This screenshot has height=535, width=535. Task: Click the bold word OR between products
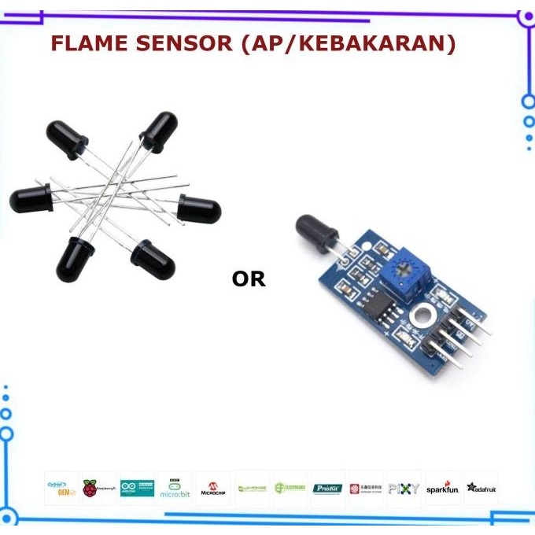pos(249,279)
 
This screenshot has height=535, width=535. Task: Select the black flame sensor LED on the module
pos(316,231)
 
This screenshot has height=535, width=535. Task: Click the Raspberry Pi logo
pos(99,488)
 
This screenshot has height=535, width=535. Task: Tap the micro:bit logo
pos(175,488)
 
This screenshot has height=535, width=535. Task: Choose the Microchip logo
pos(212,488)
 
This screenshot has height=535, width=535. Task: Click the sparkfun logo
pos(442,488)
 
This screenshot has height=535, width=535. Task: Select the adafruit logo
pos(481,488)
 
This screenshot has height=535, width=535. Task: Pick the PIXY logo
pos(404,488)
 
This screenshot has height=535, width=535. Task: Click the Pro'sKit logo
pos(328,488)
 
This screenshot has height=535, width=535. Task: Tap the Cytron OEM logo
pos(61,488)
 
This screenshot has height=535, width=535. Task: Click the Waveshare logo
pos(252,488)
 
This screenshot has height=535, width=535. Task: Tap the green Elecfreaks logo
pos(290,488)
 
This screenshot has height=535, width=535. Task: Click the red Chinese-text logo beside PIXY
pos(366,488)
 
